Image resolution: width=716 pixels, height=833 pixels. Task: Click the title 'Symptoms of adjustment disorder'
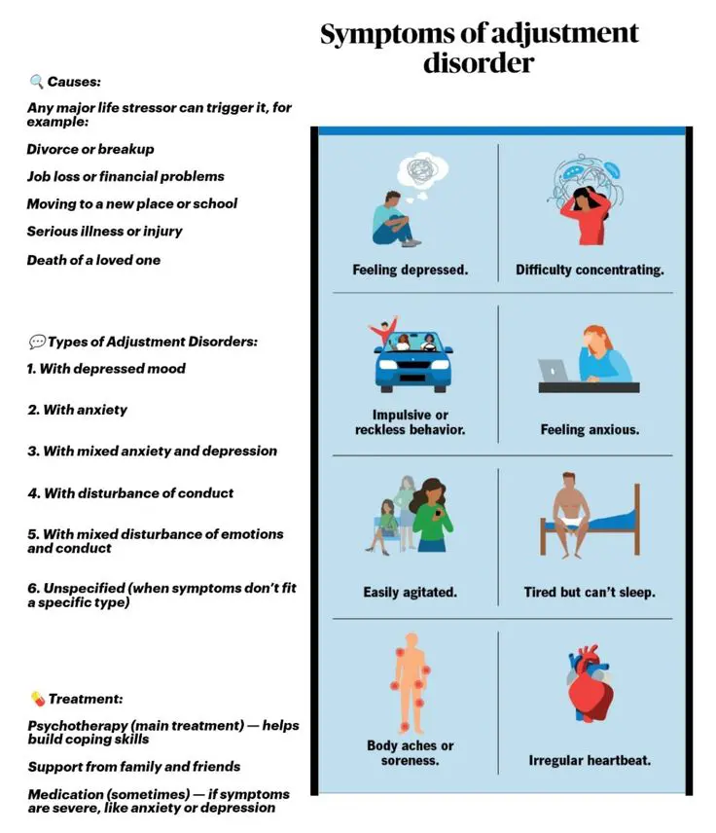(480, 48)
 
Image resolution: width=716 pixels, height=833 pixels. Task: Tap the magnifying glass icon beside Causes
(36, 82)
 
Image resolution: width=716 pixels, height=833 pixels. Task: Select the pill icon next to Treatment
(37, 699)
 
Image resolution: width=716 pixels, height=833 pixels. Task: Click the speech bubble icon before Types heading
(37, 342)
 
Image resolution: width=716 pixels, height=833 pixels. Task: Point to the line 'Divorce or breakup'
(90, 149)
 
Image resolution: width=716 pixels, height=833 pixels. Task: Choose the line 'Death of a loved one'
(94, 260)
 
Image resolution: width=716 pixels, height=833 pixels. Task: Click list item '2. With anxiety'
(78, 410)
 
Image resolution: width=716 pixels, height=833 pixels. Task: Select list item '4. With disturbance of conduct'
(130, 492)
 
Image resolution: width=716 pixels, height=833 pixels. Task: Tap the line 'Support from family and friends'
(134, 766)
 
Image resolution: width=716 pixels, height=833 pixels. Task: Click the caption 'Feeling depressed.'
(410, 270)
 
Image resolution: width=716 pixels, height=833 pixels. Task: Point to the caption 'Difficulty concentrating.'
(590, 270)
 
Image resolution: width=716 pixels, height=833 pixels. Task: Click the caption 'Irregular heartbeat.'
(590, 760)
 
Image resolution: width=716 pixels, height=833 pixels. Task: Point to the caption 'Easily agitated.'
(410, 592)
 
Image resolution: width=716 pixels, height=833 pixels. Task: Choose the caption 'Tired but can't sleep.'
(590, 592)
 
